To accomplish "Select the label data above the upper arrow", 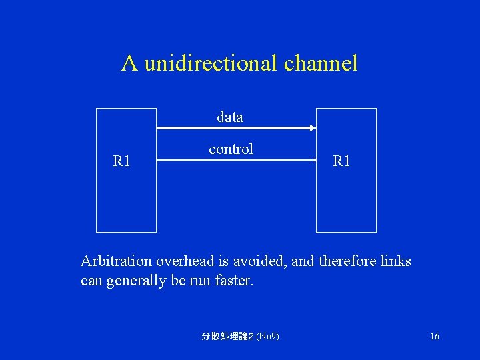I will point(230,117).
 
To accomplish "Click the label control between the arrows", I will point(231,149).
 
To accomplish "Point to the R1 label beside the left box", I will point(121,161).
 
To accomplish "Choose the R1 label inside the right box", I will point(341,161).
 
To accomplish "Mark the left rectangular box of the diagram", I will point(127,200).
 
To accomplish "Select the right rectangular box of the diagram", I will point(346,200).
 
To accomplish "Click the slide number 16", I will point(435,337).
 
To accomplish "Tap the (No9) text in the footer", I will point(267,337).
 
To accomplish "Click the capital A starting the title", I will point(129,63).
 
